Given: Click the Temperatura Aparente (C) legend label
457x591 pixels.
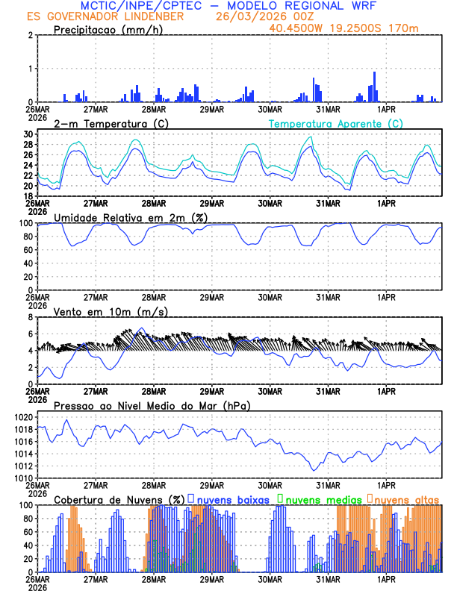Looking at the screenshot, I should [335, 123].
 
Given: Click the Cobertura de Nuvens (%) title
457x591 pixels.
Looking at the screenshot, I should [119, 499].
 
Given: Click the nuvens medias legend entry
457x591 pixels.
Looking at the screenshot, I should [322, 499].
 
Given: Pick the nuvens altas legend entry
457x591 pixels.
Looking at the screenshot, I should [406, 499].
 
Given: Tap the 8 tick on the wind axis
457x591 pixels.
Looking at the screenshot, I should [31, 317].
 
